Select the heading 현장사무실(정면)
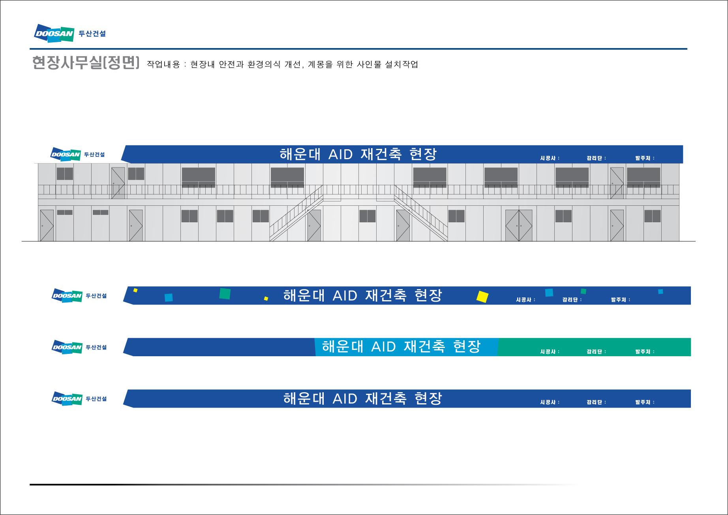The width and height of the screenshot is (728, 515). [86, 63]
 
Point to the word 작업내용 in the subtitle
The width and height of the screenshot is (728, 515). [163, 64]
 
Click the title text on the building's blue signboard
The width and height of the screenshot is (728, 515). [358, 154]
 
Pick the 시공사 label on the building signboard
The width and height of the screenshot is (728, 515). [550, 158]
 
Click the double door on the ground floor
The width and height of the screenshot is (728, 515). [519, 226]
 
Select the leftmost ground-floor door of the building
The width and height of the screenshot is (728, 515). [47, 226]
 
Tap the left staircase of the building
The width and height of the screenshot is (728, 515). [296, 213]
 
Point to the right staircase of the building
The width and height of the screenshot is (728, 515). [421, 213]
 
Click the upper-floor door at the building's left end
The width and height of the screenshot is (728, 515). [118, 183]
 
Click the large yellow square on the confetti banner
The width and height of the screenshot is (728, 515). [482, 297]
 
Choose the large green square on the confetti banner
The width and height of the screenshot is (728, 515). [225, 294]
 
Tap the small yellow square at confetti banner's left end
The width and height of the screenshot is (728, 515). [135, 290]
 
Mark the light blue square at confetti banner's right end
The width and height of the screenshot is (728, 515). [660, 291]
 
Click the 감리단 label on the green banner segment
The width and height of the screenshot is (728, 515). [596, 351]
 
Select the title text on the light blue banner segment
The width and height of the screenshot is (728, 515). [402, 347]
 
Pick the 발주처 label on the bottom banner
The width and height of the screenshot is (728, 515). [645, 402]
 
